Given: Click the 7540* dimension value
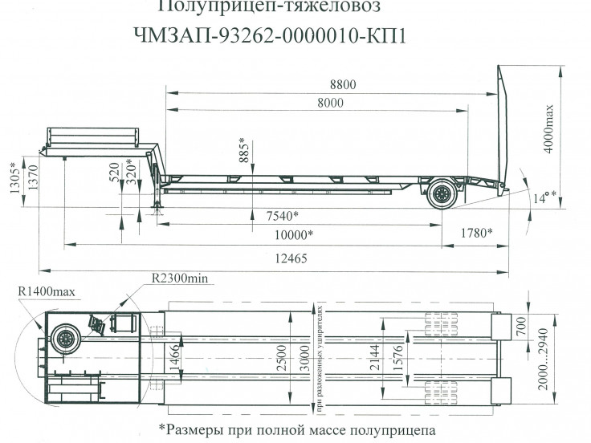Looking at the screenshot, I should [281, 215].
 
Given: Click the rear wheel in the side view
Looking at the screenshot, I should [441, 193].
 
